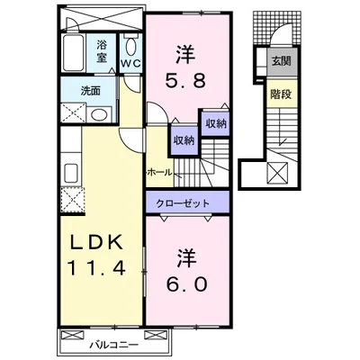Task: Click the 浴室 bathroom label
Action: (x=102, y=51)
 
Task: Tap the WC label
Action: (x=131, y=63)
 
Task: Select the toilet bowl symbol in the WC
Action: (x=130, y=47)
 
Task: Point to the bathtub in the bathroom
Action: (x=73, y=53)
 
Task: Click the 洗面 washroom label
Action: (x=90, y=91)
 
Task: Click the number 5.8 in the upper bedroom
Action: (x=185, y=80)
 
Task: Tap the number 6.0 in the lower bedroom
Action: (x=186, y=283)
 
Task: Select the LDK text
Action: (x=96, y=242)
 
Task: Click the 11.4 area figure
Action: (x=96, y=268)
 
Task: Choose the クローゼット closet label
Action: (x=183, y=203)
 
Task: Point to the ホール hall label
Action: (x=160, y=172)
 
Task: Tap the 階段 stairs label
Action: (x=281, y=94)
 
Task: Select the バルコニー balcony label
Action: (x=114, y=345)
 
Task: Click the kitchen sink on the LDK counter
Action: (x=72, y=173)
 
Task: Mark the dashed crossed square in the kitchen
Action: (x=72, y=199)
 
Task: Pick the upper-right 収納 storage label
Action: (x=216, y=123)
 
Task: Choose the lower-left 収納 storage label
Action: (x=184, y=140)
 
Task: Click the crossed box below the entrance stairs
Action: (x=278, y=172)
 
